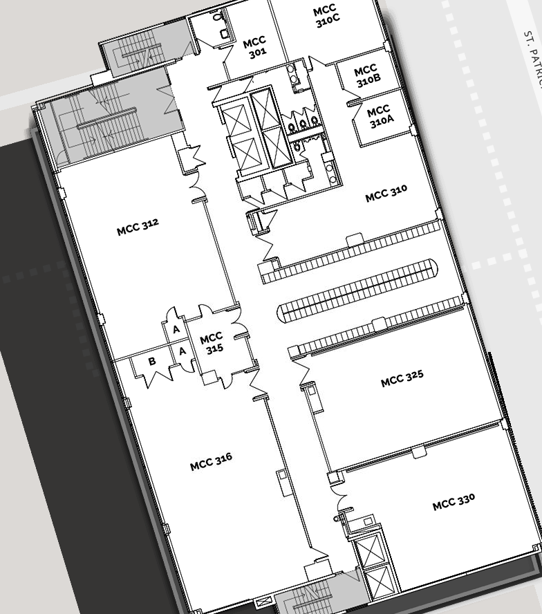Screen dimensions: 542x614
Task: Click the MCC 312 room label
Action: pyautogui.click(x=138, y=227)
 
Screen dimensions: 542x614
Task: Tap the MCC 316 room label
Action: pyautogui.click(x=211, y=461)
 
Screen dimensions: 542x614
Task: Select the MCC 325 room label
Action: pyautogui.click(x=402, y=378)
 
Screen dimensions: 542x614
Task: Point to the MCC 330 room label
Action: pyautogui.click(x=454, y=501)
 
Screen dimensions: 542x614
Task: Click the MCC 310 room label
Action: pyautogui.click(x=386, y=194)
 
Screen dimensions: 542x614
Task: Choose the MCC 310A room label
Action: pyautogui.click(x=380, y=116)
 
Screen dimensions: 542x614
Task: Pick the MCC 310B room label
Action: pyautogui.click(x=367, y=75)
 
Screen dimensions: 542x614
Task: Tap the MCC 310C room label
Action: pyautogui.click(x=326, y=15)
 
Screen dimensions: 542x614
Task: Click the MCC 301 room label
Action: pyautogui.click(x=256, y=48)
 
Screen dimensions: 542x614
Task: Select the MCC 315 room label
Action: pyautogui.click(x=213, y=343)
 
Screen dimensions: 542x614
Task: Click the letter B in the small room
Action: pyautogui.click(x=152, y=362)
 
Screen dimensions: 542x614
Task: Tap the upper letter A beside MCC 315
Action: pyautogui.click(x=176, y=329)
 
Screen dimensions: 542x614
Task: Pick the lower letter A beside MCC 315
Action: pyautogui.click(x=182, y=352)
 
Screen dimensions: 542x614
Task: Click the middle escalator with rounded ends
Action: pyautogui.click(x=357, y=289)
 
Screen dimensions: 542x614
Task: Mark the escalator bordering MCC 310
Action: pyautogui.click(x=350, y=252)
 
